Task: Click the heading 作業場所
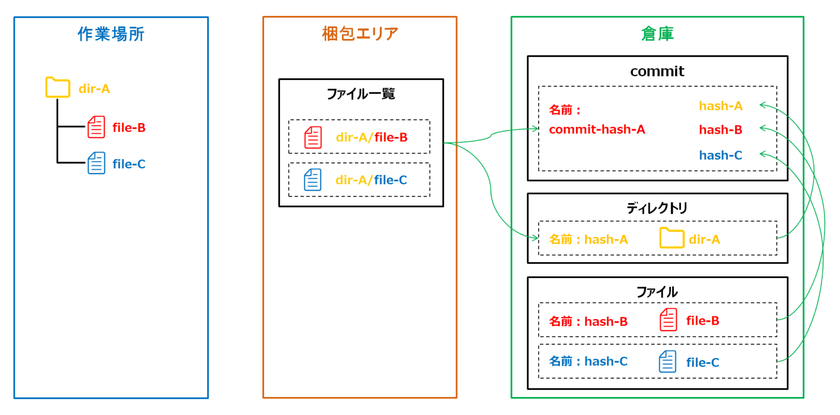pyautogui.click(x=111, y=34)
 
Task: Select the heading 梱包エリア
pyautogui.click(x=360, y=34)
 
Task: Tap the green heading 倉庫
pyautogui.click(x=657, y=34)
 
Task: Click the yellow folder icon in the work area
pyautogui.click(x=57, y=88)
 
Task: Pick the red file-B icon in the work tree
pyautogui.click(x=96, y=127)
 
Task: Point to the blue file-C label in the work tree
pyautogui.click(x=129, y=164)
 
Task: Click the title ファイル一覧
pyautogui.click(x=360, y=94)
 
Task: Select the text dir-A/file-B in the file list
pyautogui.click(x=371, y=137)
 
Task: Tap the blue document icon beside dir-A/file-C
pyautogui.click(x=313, y=180)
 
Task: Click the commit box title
pyautogui.click(x=657, y=71)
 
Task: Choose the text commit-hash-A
pyautogui.click(x=597, y=130)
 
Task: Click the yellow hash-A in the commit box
pyautogui.click(x=720, y=106)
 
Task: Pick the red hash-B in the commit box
pyautogui.click(x=720, y=130)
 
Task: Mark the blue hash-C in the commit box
pyautogui.click(x=720, y=155)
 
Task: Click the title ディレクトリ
pyautogui.click(x=657, y=209)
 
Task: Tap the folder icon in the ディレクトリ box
pyautogui.click(x=672, y=238)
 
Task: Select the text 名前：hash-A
pyautogui.click(x=588, y=239)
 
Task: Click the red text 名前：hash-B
pyautogui.click(x=588, y=321)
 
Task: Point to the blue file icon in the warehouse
pyautogui.click(x=667, y=362)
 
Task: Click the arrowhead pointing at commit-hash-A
pyautogui.click(x=536, y=129)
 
